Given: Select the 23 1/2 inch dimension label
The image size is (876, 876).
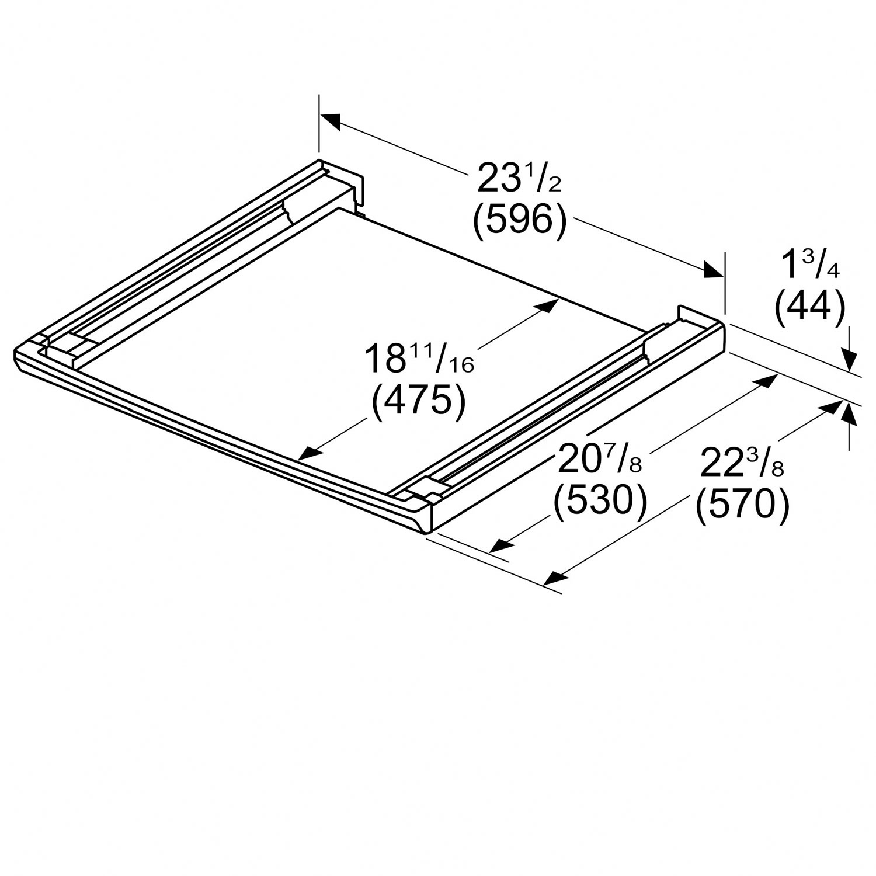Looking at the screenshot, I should (x=519, y=178).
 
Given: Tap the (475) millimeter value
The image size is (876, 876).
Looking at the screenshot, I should (x=419, y=402).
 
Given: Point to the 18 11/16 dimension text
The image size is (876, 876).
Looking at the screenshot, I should (x=419, y=359).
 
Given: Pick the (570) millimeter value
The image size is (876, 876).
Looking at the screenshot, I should (x=742, y=503).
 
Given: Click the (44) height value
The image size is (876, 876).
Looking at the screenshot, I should (x=809, y=305).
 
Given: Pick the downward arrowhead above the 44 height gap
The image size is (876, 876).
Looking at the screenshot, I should (x=849, y=359).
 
